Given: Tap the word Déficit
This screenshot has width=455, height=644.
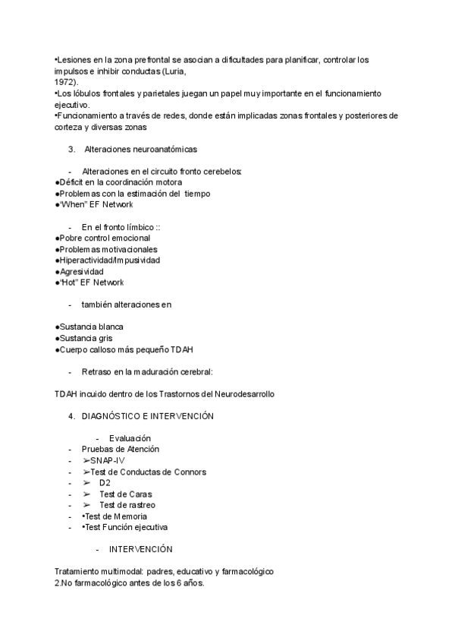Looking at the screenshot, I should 73,182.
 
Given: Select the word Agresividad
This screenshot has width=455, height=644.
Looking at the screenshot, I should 81,271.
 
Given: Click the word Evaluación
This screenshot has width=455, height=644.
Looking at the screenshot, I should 130,438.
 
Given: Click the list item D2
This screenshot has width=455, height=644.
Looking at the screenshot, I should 105,482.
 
